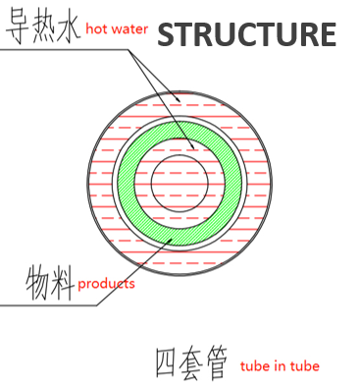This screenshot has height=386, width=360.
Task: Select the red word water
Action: tap(130, 30)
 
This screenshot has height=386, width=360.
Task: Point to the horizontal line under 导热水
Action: tap(59, 48)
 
